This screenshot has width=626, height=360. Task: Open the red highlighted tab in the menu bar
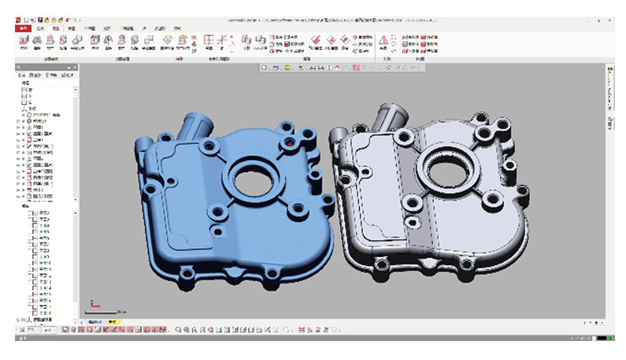[x=23, y=28]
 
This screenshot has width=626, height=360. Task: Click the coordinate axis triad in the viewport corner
[x=94, y=302]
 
